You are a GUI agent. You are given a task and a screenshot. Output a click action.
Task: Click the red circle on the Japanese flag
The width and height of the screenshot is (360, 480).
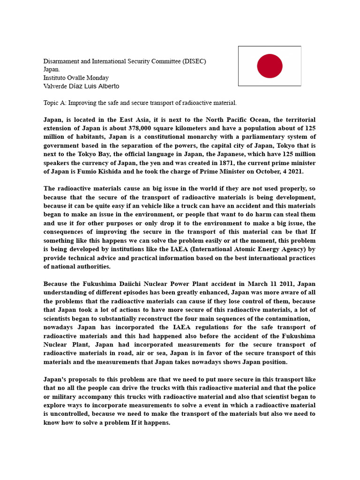270,66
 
